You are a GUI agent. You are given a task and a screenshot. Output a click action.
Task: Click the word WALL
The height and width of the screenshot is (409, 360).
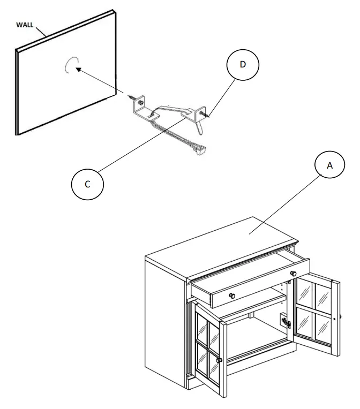tap(26, 25)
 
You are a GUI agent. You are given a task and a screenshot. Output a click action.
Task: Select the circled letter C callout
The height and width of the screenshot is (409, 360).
tap(88, 183)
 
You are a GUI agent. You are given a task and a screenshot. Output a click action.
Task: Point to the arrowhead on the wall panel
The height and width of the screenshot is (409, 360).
tap(78, 69)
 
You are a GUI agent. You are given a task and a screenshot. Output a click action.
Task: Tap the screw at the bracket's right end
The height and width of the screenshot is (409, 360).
tap(204, 114)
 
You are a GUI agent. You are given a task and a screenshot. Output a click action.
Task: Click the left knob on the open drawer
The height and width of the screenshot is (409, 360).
tap(232, 297)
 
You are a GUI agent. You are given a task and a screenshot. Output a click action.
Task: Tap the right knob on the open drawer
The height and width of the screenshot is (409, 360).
tap(293, 274)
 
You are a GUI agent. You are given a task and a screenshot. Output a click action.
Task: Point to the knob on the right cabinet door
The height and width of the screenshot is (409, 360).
tap(336, 317)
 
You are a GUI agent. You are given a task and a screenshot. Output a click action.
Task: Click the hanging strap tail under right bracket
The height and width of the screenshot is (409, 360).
tap(199, 128)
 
